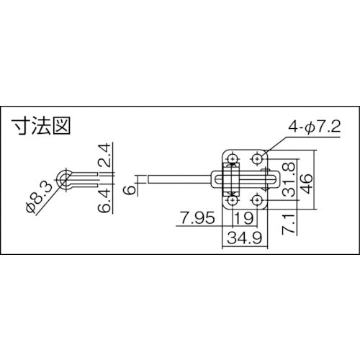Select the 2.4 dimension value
click(x=104, y=154)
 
